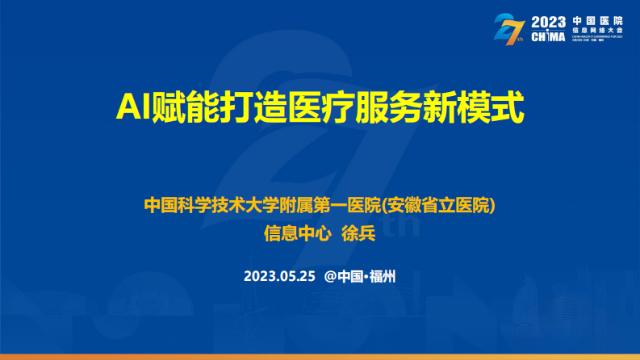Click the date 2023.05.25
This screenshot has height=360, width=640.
[278, 276]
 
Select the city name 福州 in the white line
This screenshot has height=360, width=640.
[383, 276]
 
